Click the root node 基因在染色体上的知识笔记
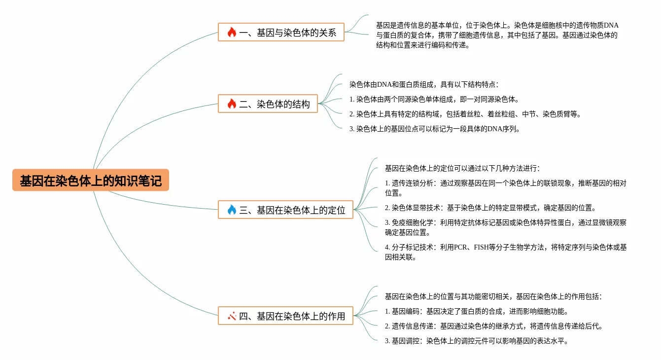(x=91, y=180)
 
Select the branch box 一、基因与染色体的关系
(x=281, y=33)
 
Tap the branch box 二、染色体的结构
(x=268, y=104)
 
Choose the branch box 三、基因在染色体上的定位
(x=285, y=210)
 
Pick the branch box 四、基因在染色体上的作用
(x=285, y=316)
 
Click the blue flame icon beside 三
(x=232, y=210)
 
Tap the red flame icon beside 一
(x=232, y=33)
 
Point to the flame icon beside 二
(x=232, y=104)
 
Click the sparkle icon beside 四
(x=232, y=316)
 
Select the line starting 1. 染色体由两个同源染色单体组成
(x=434, y=99)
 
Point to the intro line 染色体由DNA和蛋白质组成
(x=424, y=84)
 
